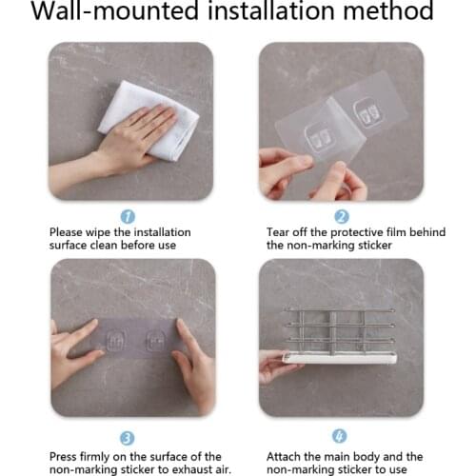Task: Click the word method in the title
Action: point(388,13)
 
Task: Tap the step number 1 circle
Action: point(128,216)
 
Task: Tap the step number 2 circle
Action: point(341,216)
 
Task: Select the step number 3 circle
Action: point(128,438)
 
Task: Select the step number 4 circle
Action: point(341,437)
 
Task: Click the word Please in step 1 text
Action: point(70,232)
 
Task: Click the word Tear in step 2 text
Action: point(280,232)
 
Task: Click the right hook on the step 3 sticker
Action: point(155,340)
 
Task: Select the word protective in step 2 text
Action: point(350,232)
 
